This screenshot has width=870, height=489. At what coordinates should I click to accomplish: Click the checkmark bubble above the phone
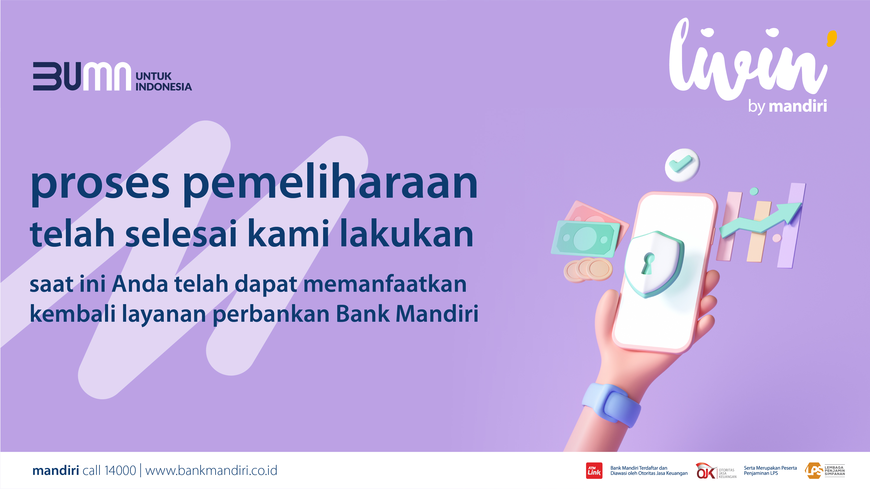pyautogui.click(x=682, y=165)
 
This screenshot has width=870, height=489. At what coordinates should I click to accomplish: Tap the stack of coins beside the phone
pyautogui.click(x=588, y=270)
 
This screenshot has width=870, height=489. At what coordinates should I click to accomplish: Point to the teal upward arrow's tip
pyautogui.click(x=802, y=204)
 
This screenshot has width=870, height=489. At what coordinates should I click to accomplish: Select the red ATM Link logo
pyautogui.click(x=594, y=471)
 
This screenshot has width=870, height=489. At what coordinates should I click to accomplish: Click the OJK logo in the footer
pyautogui.click(x=716, y=471)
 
